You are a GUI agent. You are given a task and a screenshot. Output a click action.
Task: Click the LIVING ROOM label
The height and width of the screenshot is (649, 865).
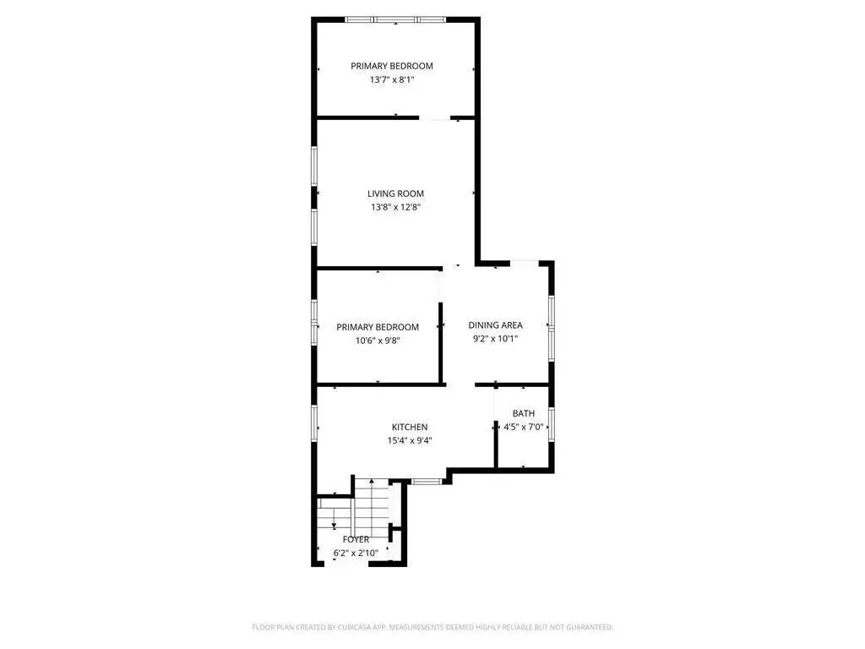[x=395, y=194]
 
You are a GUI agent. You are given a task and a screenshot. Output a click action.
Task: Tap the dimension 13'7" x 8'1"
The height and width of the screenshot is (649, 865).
[x=392, y=79]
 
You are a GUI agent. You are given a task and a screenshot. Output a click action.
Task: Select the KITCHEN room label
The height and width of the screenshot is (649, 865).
[x=410, y=427]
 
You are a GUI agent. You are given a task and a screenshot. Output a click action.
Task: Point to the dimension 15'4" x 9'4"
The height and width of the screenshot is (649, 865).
[x=410, y=440]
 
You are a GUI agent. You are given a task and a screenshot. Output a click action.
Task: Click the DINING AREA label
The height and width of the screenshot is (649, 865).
[x=495, y=325]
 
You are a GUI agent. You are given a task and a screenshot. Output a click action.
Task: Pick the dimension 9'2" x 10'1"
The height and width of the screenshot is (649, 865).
[x=495, y=339]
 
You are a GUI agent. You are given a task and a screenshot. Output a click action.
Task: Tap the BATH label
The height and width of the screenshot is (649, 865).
[x=524, y=413]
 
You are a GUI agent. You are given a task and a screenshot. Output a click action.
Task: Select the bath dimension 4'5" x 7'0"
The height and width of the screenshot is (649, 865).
[x=524, y=427]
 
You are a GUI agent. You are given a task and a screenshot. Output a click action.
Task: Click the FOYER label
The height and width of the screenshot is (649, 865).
[x=356, y=539]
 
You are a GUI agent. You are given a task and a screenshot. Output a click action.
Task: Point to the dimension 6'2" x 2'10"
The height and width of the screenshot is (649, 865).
[x=356, y=553]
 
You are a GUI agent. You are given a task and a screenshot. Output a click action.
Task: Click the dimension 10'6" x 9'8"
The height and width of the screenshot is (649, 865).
[x=378, y=341]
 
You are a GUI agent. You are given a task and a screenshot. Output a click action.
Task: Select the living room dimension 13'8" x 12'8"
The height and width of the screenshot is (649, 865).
[x=395, y=208]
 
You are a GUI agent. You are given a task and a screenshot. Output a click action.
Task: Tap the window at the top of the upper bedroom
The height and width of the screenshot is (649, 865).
[x=395, y=20]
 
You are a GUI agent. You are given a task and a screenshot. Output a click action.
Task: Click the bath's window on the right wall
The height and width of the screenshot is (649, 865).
[x=551, y=424]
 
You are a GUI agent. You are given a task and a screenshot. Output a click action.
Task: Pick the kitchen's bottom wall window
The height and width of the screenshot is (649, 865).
[x=427, y=481]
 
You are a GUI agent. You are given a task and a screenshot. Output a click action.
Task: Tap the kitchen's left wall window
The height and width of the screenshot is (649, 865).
[x=314, y=423]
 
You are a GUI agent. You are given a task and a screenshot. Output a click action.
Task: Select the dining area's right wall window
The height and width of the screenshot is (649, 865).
[x=551, y=329]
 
